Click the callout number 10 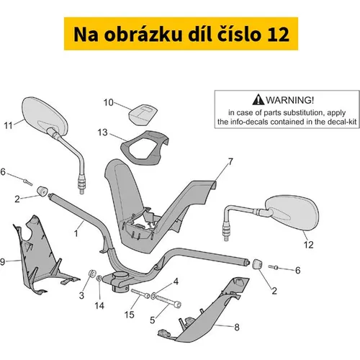(x=108, y=102)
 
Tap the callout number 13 (x=102, y=132)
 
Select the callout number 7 (x=230, y=162)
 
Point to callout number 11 (x=8, y=125)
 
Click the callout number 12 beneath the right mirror (x=309, y=245)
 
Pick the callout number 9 (x=2, y=261)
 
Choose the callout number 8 (x=237, y=327)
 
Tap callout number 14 (x=99, y=306)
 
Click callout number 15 (x=129, y=315)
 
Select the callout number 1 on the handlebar (x=76, y=233)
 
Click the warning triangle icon (x=258, y=99)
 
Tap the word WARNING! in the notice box (x=289, y=100)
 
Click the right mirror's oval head (x=292, y=212)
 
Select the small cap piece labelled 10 (x=143, y=114)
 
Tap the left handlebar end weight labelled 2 (x=42, y=191)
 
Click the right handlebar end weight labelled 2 (x=256, y=264)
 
